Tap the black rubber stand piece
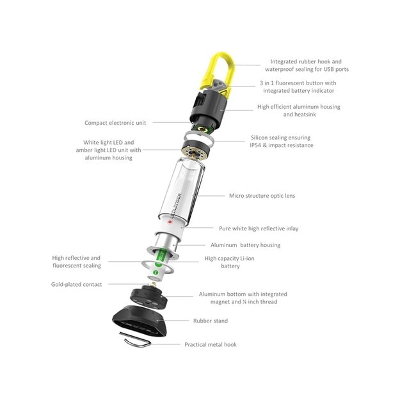pos(140,320)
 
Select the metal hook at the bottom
pos(136,341)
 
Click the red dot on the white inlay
pos(170,222)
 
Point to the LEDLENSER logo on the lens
pos(176,205)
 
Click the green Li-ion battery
pos(160,263)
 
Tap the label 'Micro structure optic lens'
pos(262,196)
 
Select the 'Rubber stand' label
pos(211,321)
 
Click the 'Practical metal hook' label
pos(211,344)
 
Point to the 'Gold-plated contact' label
pos(77,284)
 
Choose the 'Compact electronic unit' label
pos(115,123)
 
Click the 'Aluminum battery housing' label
pos(245,245)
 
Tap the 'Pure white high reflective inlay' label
pos(259,228)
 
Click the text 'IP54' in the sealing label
pos(255,145)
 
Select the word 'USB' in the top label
pos(329,69)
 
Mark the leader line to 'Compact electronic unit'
pos(172,122)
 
